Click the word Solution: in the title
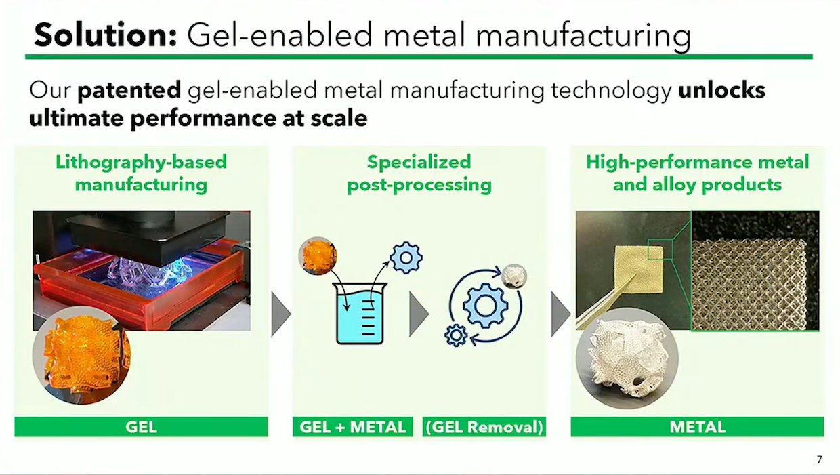(106, 35)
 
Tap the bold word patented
(129, 90)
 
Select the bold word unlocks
(721, 90)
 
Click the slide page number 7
(819, 459)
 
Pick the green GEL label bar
(142, 427)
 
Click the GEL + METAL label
(352, 427)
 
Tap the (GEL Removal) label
(484, 427)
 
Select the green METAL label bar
(698, 427)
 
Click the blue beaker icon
(360, 313)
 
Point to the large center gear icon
(485, 306)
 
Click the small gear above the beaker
(406, 257)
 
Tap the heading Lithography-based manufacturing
(141, 173)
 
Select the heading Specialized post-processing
(419, 173)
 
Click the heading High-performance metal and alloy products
(698, 173)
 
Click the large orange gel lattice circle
(81, 355)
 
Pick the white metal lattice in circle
(627, 358)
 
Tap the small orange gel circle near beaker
(318, 256)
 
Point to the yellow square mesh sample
(638, 268)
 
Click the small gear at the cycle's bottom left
(456, 335)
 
